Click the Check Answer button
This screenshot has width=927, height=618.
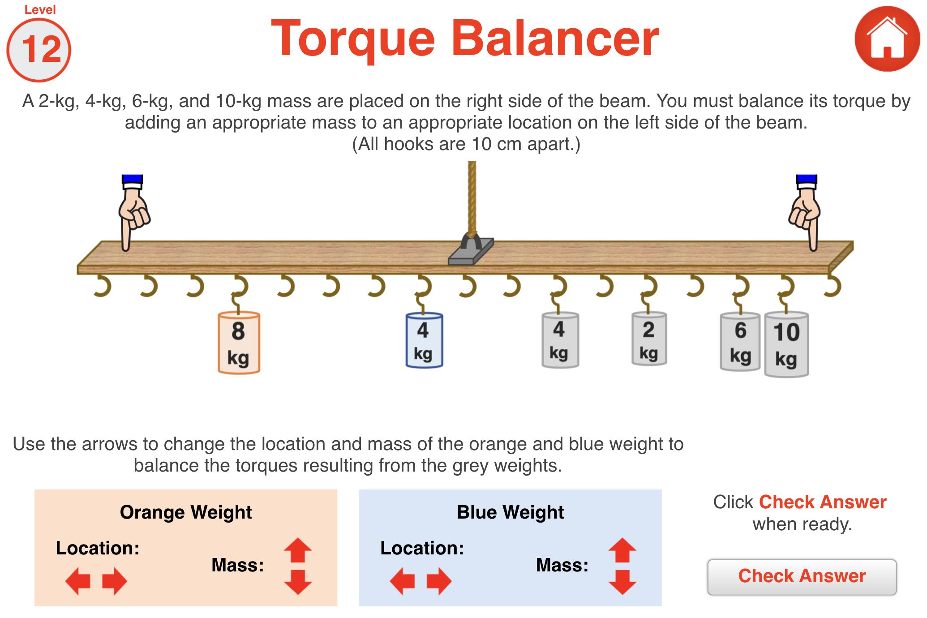coord(802,577)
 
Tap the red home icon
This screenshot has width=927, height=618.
coord(887,39)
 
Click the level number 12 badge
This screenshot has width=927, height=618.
coord(39,49)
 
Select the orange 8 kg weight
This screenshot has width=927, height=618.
coord(239,343)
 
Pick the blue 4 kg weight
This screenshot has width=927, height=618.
coord(424,340)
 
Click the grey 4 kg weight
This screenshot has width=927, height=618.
coord(560,340)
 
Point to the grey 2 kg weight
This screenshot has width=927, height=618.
coord(649,339)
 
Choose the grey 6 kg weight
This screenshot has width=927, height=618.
coord(740,342)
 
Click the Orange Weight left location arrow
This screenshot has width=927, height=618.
coord(78,581)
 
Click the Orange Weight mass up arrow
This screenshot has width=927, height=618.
coord(298,550)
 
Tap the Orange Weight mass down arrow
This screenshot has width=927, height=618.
coord(298,582)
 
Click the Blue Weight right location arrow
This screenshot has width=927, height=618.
coord(439,581)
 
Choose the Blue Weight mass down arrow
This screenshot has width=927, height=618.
coord(622,582)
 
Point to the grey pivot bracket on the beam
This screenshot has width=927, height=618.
coord(471,251)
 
